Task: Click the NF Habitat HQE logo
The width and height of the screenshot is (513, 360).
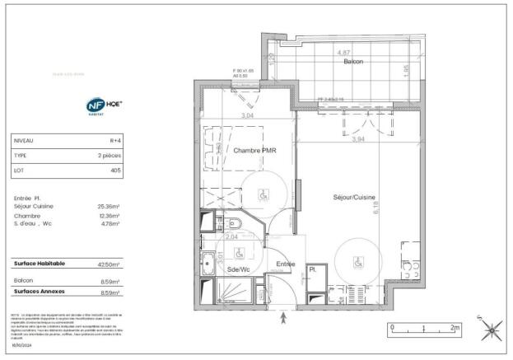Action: coord(105,106)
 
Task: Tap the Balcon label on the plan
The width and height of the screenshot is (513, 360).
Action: coord(353,61)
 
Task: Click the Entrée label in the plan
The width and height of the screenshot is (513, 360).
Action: coord(286,264)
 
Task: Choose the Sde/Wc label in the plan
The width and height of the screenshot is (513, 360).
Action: coord(239,269)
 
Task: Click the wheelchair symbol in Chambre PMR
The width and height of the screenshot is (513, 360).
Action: coord(263,195)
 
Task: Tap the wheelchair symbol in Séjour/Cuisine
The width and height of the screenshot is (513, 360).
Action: coord(357,263)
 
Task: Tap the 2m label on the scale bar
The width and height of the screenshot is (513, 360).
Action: coord(455,327)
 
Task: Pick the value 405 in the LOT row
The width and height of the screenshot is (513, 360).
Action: coord(115,170)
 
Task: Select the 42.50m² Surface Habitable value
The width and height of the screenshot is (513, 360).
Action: coord(109,264)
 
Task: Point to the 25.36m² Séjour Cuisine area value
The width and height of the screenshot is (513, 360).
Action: coord(109,207)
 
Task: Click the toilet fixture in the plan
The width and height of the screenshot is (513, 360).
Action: coord(233,223)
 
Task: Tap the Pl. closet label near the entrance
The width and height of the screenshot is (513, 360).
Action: coord(314,270)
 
